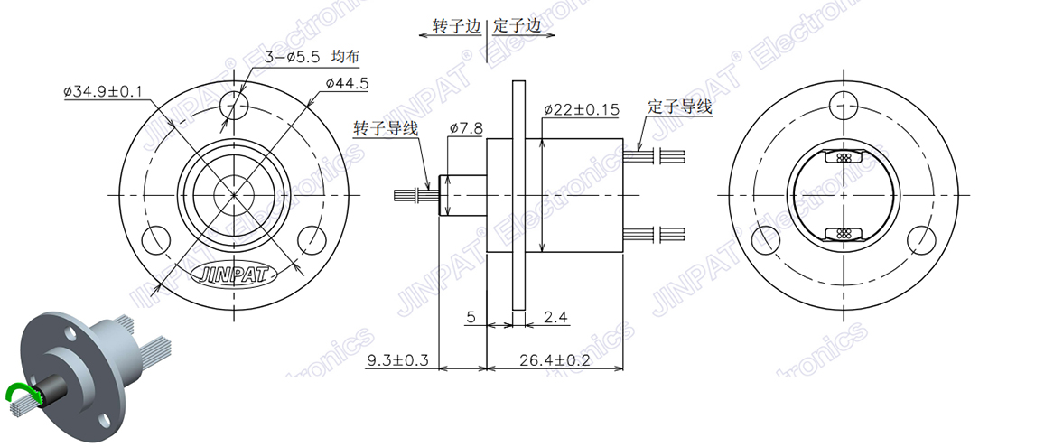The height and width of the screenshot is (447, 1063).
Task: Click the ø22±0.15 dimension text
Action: pyautogui.click(x=581, y=109)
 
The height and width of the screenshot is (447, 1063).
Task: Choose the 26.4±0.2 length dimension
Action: pyautogui.click(x=555, y=360)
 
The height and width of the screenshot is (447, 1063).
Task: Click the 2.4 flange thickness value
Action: pyautogui.click(x=555, y=317)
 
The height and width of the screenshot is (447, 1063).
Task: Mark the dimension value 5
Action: pyautogui.click(x=471, y=317)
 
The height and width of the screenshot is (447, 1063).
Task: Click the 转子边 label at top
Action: pyautogui.click(x=457, y=27)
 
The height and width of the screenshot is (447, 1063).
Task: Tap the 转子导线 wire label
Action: pyautogui.click(x=386, y=128)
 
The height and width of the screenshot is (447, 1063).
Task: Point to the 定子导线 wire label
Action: pyautogui.click(x=680, y=107)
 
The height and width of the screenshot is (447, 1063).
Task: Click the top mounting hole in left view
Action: pyautogui.click(x=234, y=105)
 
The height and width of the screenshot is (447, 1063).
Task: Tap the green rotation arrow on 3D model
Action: pyautogui.click(x=19, y=390)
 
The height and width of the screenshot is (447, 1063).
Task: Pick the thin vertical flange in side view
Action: pyautogui.click(x=518, y=194)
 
